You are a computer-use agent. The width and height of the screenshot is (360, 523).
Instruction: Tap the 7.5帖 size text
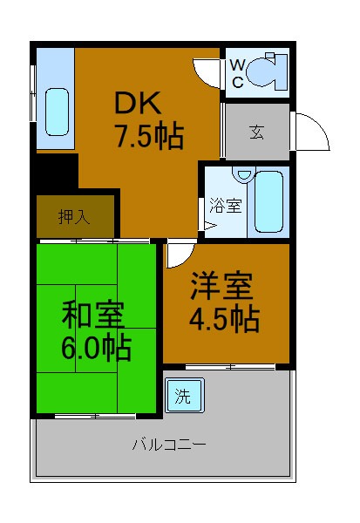(148, 136)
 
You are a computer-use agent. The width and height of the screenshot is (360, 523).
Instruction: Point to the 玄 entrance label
(257, 132)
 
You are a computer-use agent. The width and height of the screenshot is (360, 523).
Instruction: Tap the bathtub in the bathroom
(268, 202)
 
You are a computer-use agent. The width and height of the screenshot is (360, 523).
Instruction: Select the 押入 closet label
(74, 217)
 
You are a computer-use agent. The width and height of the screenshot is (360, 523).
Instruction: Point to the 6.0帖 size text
(96, 348)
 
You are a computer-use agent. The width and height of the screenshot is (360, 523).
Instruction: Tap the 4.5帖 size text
(224, 319)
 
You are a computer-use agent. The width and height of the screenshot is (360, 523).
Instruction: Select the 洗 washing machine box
(183, 395)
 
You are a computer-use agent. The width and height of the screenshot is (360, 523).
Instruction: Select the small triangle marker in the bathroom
(208, 228)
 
